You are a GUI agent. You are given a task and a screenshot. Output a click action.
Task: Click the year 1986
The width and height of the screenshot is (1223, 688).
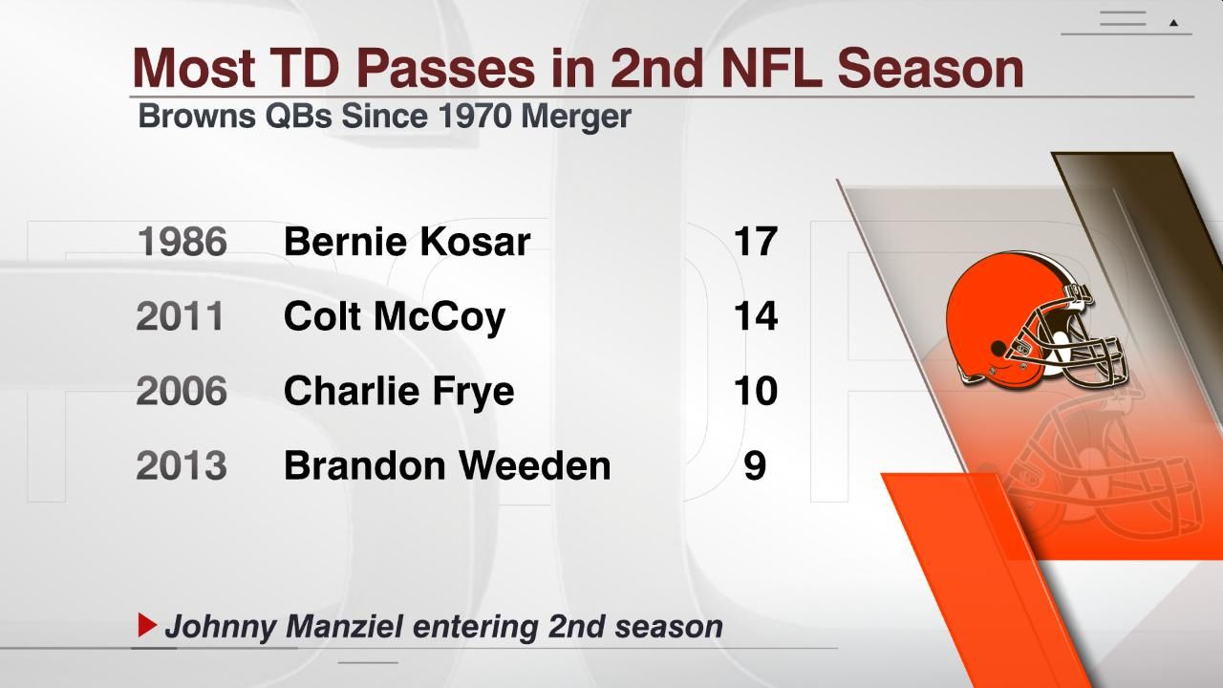(182, 242)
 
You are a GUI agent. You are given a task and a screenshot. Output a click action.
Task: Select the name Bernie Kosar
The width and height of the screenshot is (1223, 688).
(406, 242)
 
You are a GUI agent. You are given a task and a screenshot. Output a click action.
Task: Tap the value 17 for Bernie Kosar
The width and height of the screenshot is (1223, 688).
(755, 242)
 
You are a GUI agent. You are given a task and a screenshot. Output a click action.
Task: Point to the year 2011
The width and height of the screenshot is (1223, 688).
(180, 316)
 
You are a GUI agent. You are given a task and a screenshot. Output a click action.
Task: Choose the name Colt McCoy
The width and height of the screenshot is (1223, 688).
(394, 316)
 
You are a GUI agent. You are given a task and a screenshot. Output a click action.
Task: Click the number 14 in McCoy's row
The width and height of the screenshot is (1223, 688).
(755, 316)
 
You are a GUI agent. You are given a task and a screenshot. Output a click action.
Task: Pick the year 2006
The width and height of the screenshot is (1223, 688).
(182, 391)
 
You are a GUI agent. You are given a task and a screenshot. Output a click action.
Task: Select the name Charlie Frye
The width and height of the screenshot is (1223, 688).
(398, 391)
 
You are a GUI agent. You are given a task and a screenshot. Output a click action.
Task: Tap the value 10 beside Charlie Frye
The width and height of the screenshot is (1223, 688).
(755, 391)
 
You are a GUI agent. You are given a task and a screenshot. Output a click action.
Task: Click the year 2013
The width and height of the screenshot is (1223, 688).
(182, 465)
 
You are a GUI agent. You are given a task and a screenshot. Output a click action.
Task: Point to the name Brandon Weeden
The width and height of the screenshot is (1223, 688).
(447, 465)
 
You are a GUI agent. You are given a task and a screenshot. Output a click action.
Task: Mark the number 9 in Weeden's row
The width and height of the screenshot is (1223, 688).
(755, 465)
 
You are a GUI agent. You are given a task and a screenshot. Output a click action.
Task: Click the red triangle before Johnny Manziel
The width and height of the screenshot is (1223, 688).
(146, 626)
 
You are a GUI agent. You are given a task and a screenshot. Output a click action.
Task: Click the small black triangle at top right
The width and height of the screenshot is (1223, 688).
(1174, 22)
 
